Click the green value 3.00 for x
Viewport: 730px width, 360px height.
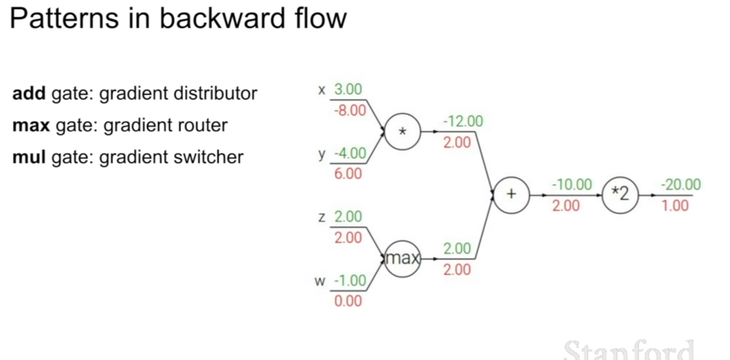point(348,89)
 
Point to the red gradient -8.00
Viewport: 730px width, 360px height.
point(350,111)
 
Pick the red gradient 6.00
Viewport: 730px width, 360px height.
point(348,174)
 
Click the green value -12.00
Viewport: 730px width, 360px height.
point(463,121)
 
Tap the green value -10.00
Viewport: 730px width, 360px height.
point(572,185)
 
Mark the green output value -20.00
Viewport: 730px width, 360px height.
point(681,185)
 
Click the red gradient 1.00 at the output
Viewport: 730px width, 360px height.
point(675,206)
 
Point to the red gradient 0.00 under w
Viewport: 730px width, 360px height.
point(348,301)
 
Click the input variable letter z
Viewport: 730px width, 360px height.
point(322,217)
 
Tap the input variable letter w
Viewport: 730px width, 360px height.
point(319,281)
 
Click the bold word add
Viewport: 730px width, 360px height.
point(29,93)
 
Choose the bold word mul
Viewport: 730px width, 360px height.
point(29,157)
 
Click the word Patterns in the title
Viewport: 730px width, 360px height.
point(64,18)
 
